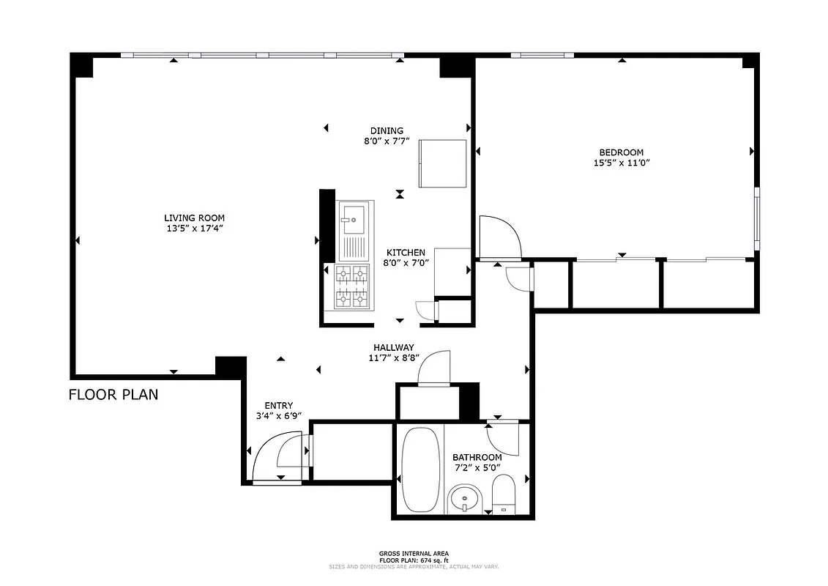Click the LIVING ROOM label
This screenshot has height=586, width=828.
click(194, 218)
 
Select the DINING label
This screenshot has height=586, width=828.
click(386, 131)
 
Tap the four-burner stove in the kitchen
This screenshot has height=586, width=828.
click(351, 286)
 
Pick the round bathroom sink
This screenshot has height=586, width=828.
click(465, 501)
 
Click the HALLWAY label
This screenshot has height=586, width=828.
click(394, 347)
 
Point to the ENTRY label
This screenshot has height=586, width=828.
click(278, 406)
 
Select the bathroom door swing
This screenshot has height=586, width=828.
click(504, 438)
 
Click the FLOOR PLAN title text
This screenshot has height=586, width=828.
click(113, 395)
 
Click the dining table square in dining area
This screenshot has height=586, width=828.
click(442, 163)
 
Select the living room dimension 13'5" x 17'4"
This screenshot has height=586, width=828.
click(194, 229)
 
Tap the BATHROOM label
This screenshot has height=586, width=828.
click(477, 458)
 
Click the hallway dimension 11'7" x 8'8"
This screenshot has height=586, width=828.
click(394, 358)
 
